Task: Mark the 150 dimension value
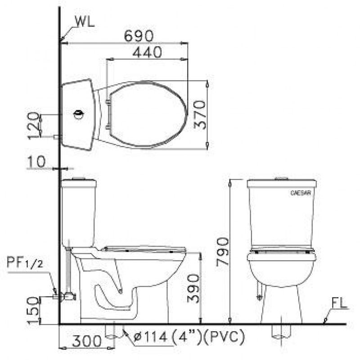32,310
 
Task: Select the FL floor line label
338,303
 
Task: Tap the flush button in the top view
79,114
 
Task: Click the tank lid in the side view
79,183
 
